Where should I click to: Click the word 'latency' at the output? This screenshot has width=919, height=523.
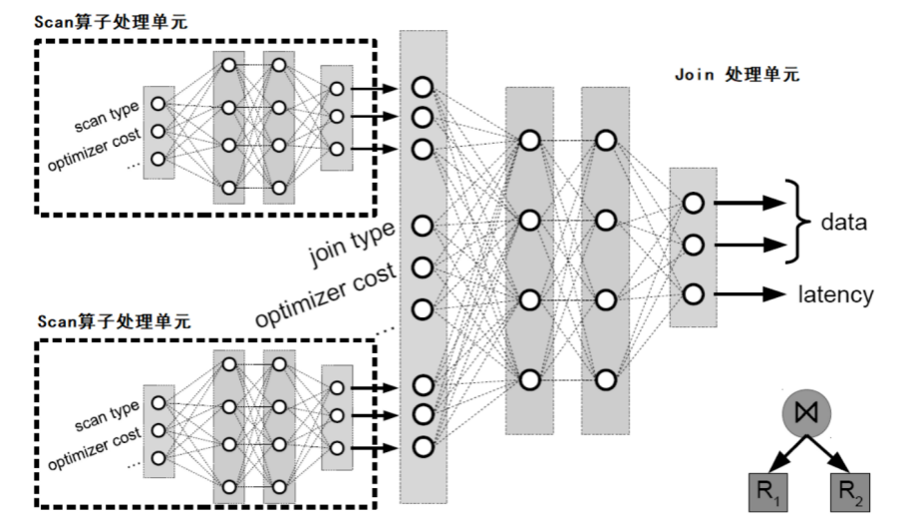point(835,294)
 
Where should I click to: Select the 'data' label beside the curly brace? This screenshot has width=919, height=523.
point(843,222)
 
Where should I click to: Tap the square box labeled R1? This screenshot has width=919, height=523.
point(767,492)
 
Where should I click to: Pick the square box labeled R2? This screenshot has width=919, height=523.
point(850,492)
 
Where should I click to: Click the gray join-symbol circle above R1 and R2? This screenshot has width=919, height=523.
point(806,412)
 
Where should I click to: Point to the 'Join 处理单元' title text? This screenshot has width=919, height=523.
point(737,75)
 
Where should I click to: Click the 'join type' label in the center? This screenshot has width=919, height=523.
point(352,244)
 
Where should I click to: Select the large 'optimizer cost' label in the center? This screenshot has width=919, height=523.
point(326,295)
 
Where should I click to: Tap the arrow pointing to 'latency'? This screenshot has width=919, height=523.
point(750,293)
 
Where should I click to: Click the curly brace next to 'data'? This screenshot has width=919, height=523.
point(797,222)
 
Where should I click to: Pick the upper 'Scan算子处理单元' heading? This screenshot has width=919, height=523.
point(111,22)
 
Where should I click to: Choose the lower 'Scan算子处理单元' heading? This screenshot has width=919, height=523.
point(114,321)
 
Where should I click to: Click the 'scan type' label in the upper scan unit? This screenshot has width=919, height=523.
point(108,116)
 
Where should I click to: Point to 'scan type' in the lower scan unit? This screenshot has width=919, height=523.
point(108,415)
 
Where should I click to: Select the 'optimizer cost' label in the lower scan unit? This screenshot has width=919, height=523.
point(95,448)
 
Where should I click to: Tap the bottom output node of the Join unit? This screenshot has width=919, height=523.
point(694,294)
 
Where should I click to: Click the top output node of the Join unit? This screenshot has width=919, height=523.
point(694,203)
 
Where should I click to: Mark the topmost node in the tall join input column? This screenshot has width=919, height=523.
point(423,88)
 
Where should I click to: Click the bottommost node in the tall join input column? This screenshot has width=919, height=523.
point(423,447)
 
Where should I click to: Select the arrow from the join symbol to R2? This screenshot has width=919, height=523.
point(828,454)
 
